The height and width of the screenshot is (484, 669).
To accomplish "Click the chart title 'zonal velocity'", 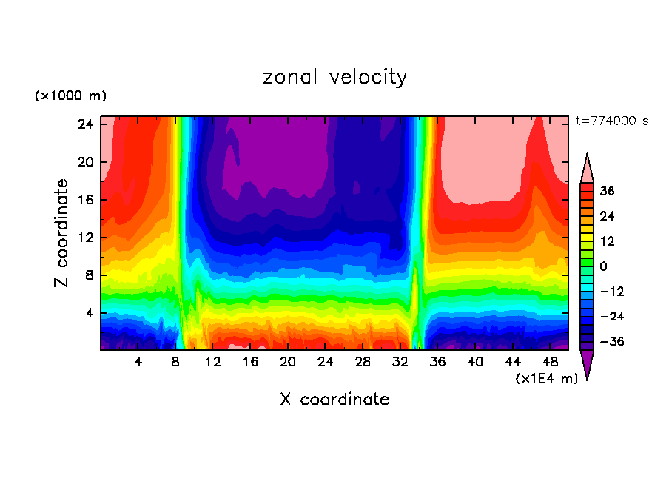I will tap(334, 77).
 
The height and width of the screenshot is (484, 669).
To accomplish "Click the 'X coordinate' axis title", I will tap(334, 400).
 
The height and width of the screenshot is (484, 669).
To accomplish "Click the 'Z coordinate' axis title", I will tap(62, 233).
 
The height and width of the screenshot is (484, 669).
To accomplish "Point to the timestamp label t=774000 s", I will tap(611, 121).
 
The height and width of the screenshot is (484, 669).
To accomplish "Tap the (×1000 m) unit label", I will tap(70, 96).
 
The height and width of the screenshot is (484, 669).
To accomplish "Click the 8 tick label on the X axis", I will tap(175, 362).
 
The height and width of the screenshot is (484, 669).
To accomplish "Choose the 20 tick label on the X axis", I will tap(288, 362).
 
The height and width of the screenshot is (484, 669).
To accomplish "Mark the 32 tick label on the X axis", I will tap(400, 362).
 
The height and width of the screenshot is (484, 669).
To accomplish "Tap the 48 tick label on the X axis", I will tap(550, 362).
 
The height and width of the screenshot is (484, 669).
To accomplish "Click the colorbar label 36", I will tap(608, 191).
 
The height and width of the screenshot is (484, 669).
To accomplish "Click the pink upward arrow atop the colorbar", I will tap(587, 167).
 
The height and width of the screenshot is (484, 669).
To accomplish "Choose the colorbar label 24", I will tap(608, 216).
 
